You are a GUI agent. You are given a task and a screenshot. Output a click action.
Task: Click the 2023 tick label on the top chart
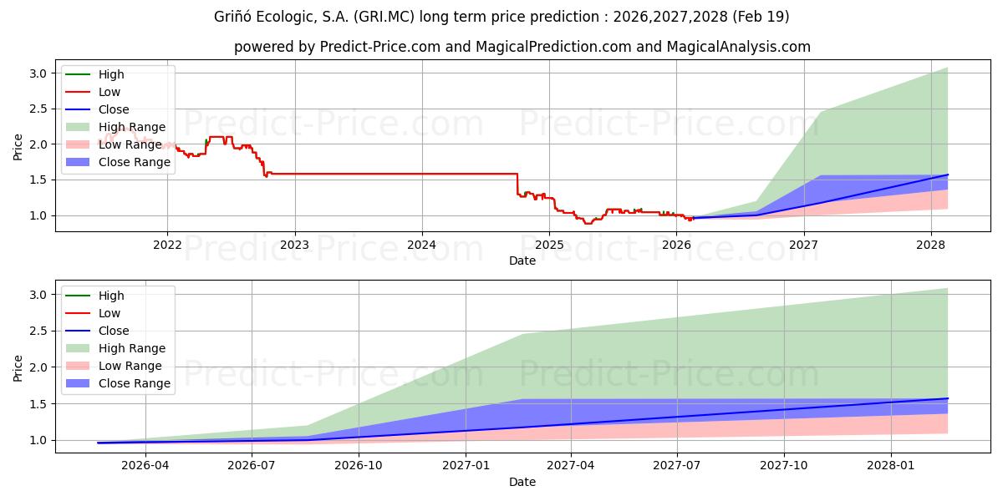point(294,245)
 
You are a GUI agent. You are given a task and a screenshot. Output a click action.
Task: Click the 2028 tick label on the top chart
point(931,245)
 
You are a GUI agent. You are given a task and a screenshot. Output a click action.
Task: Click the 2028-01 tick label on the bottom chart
point(891,467)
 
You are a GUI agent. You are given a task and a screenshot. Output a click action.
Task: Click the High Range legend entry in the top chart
point(132,127)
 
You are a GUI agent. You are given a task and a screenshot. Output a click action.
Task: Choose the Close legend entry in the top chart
point(114,109)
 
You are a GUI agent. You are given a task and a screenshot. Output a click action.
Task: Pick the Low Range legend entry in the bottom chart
point(130,366)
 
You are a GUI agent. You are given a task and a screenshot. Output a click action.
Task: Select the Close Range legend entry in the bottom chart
point(135,383)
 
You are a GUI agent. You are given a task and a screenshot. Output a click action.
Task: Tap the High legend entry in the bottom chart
point(111,296)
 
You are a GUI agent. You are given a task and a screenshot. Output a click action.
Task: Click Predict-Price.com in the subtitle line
point(380,47)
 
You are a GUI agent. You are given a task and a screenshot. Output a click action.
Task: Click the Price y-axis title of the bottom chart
point(18,367)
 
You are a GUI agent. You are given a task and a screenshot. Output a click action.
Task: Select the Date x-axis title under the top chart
point(522,261)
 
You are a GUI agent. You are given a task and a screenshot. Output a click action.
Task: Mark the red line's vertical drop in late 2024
point(517,184)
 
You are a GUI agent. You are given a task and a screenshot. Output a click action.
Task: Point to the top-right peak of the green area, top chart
point(947,68)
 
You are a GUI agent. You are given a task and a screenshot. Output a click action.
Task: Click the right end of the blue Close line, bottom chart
point(947,398)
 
